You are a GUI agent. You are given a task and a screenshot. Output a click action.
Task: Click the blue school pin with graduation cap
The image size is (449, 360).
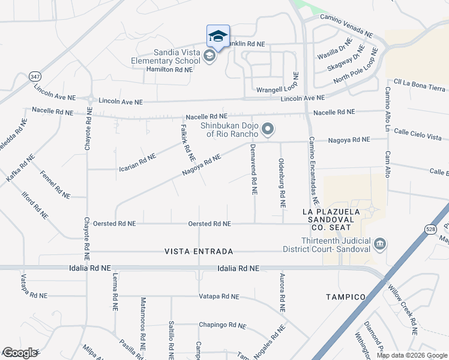tap(218, 37)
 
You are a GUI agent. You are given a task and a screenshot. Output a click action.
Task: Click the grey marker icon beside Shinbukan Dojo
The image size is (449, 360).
tap(268, 129)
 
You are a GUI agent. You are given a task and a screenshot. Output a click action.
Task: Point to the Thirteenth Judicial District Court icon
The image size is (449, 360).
tap(379, 244)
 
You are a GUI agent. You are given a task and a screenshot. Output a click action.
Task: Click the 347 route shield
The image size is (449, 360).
tap(35, 77)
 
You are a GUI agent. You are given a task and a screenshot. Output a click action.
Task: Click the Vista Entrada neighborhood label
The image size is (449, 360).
tap(199, 252)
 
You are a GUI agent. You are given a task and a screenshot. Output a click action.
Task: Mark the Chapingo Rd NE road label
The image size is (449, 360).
tap(223, 325)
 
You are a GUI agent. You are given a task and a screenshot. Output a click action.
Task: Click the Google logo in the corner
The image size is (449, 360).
tap(20, 353)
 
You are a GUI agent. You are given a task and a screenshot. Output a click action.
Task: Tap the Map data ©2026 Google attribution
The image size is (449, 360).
tap(411, 355)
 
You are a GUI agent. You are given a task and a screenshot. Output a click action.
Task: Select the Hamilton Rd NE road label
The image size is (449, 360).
tap(161, 70)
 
